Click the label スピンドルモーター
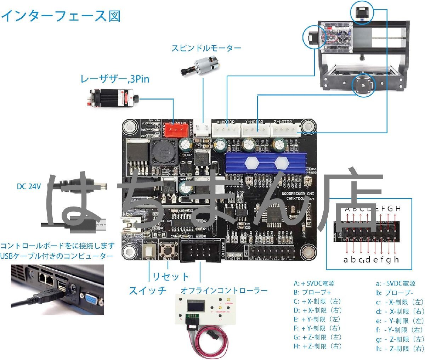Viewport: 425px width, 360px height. (x=206, y=48)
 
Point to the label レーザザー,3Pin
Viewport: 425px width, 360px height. (x=115, y=79)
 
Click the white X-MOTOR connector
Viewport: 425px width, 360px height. (x=226, y=130)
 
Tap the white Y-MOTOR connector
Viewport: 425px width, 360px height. (x=255, y=130)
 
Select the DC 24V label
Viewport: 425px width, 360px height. (x=29, y=186)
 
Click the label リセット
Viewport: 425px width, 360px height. (x=170, y=276)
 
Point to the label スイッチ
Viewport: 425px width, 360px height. (x=147, y=291)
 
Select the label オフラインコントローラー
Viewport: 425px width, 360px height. (x=224, y=291)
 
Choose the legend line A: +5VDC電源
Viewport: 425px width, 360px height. (x=314, y=283)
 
